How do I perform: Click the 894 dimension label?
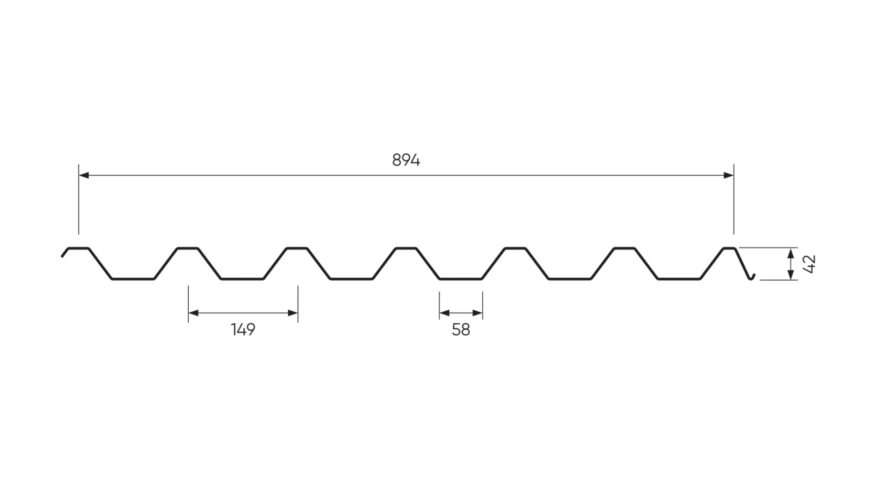pyautogui.click(x=406, y=160)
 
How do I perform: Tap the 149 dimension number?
pyautogui.click(x=243, y=329)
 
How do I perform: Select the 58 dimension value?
pyautogui.click(x=461, y=330)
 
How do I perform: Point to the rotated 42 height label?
pyautogui.click(x=810, y=264)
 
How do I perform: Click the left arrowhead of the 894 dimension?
pyautogui.click(x=84, y=175)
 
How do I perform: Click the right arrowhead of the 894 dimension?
pyautogui.click(x=729, y=175)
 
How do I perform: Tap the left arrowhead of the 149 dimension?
pyautogui.click(x=194, y=313)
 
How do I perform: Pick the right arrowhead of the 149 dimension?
pyautogui.click(x=293, y=313)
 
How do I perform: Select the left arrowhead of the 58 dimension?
pyautogui.click(x=445, y=313)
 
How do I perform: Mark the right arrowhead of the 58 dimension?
pyautogui.click(x=477, y=313)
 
